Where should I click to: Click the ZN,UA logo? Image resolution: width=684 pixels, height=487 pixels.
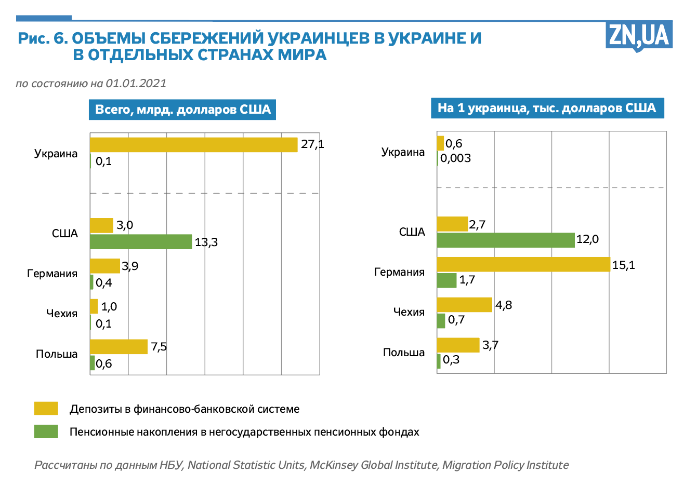[639, 36]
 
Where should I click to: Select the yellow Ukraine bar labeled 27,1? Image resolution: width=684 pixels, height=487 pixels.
[193, 145]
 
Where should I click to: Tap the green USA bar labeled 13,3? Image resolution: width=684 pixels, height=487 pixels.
[141, 242]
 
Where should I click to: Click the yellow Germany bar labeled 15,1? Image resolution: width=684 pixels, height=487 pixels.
[523, 264]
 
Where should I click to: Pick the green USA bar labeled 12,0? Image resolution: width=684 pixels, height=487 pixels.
[506, 240]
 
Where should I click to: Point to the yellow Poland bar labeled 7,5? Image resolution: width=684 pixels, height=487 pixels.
[119, 347]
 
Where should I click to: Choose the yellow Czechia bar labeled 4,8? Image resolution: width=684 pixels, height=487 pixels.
[464, 305]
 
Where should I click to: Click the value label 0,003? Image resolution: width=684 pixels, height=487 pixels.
[456, 158]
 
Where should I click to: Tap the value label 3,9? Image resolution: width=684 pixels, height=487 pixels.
[130, 266]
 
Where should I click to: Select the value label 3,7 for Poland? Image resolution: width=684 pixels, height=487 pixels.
[490, 345]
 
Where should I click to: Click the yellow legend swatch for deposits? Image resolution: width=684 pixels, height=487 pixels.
[46, 409]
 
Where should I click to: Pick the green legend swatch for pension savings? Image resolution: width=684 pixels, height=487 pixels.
[46, 431]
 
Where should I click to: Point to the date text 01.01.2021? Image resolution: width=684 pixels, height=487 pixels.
[136, 83]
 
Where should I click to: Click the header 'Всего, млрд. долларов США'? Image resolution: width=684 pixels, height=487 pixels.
[182, 110]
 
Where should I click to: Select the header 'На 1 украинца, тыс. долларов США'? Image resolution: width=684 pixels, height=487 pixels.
[547, 108]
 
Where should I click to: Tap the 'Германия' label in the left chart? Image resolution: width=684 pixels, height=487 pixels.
[52, 274]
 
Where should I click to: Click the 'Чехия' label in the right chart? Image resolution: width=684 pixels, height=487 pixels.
[409, 312]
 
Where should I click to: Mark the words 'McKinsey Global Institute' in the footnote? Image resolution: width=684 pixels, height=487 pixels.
[374, 465]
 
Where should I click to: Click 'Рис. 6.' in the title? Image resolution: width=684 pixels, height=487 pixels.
[43, 38]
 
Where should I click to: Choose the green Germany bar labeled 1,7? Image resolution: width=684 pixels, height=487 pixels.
[446, 280]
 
